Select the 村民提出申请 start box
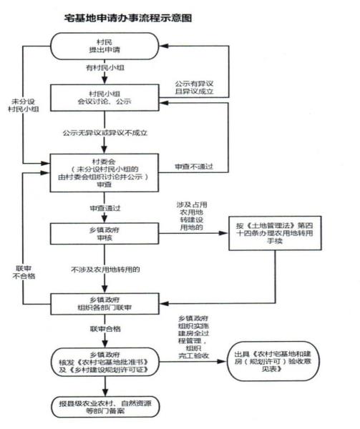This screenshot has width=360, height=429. (102, 49)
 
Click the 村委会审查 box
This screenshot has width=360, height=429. (102, 171)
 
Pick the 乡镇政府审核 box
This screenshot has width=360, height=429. (102, 234)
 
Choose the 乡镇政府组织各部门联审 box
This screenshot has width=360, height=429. (102, 301)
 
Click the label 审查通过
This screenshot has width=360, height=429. (102, 207)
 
